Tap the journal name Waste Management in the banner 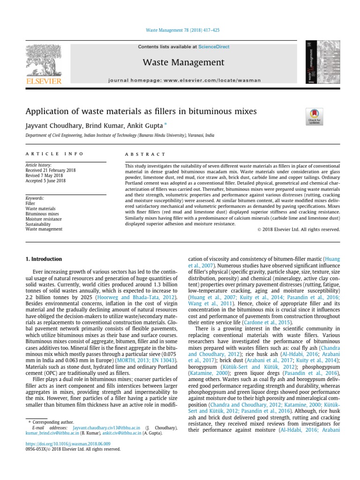tap(184, 62)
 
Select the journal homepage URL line tap(184, 80)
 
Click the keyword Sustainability tap(39, 224)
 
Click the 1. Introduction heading tap(43, 259)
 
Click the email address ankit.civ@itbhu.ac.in tap(125, 433)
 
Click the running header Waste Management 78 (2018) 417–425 tap(180, 30)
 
